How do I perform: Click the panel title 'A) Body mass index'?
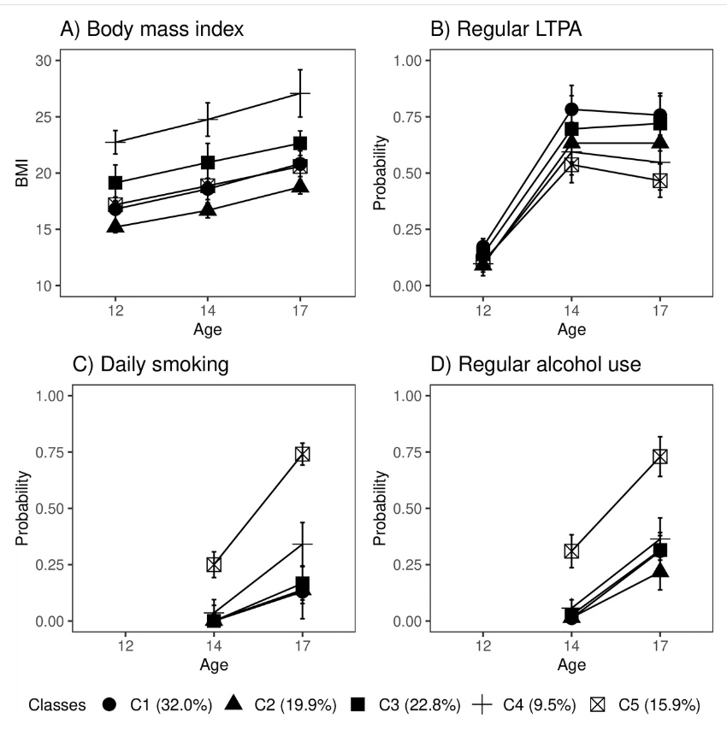(151, 30)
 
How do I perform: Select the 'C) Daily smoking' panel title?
(150, 365)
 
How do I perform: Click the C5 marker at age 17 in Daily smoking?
(302, 454)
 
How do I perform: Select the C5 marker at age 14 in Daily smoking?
(214, 564)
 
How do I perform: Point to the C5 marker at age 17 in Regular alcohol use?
(659, 456)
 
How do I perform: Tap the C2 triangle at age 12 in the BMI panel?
(115, 226)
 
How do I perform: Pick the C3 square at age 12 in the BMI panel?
(115, 183)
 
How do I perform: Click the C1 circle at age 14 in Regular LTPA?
(571, 109)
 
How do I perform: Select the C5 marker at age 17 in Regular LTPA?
(659, 180)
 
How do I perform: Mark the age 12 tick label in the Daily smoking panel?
(126, 645)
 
